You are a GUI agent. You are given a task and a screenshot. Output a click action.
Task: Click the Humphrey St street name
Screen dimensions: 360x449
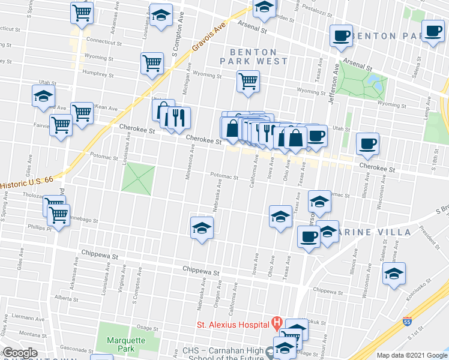(98, 75)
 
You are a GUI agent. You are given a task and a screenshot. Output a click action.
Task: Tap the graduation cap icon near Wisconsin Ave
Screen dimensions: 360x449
(394, 274)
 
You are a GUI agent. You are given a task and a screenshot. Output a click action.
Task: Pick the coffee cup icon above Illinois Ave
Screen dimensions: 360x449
(367, 143)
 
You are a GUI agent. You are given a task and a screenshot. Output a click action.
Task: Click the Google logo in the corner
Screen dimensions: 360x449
(20, 353)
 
